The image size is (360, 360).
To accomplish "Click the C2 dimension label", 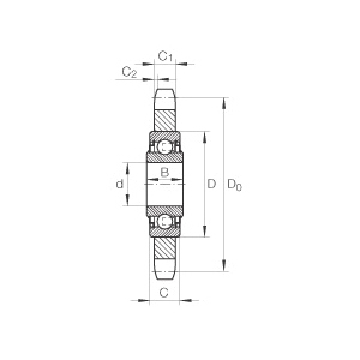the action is pyautogui.click(x=129, y=72).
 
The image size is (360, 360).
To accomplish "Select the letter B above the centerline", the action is pyautogui.click(x=164, y=172).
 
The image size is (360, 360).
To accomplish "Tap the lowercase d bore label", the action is pyautogui.click(x=119, y=184).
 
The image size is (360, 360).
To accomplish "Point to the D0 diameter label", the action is pyautogui.click(x=235, y=185).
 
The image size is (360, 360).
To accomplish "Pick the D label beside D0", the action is pyautogui.click(x=211, y=184).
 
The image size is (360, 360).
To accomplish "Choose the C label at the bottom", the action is pyautogui.click(x=164, y=293).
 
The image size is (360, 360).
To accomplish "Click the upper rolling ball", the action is pyautogui.click(x=164, y=146).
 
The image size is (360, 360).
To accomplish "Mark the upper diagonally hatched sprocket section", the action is pyautogui.click(x=164, y=121).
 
